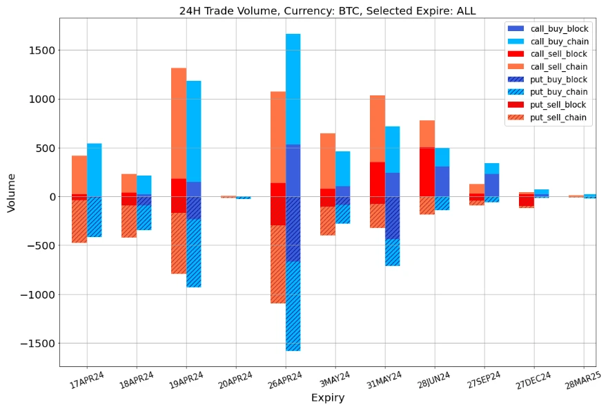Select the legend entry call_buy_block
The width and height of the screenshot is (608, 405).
[558, 28]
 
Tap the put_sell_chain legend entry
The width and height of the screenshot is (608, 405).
[558, 117]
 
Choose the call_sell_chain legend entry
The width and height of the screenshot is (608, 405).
[558, 66]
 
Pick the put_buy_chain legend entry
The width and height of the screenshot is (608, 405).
[558, 92]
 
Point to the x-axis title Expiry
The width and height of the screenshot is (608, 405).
[327, 397]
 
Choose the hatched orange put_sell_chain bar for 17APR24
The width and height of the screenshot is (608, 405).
[79, 221]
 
